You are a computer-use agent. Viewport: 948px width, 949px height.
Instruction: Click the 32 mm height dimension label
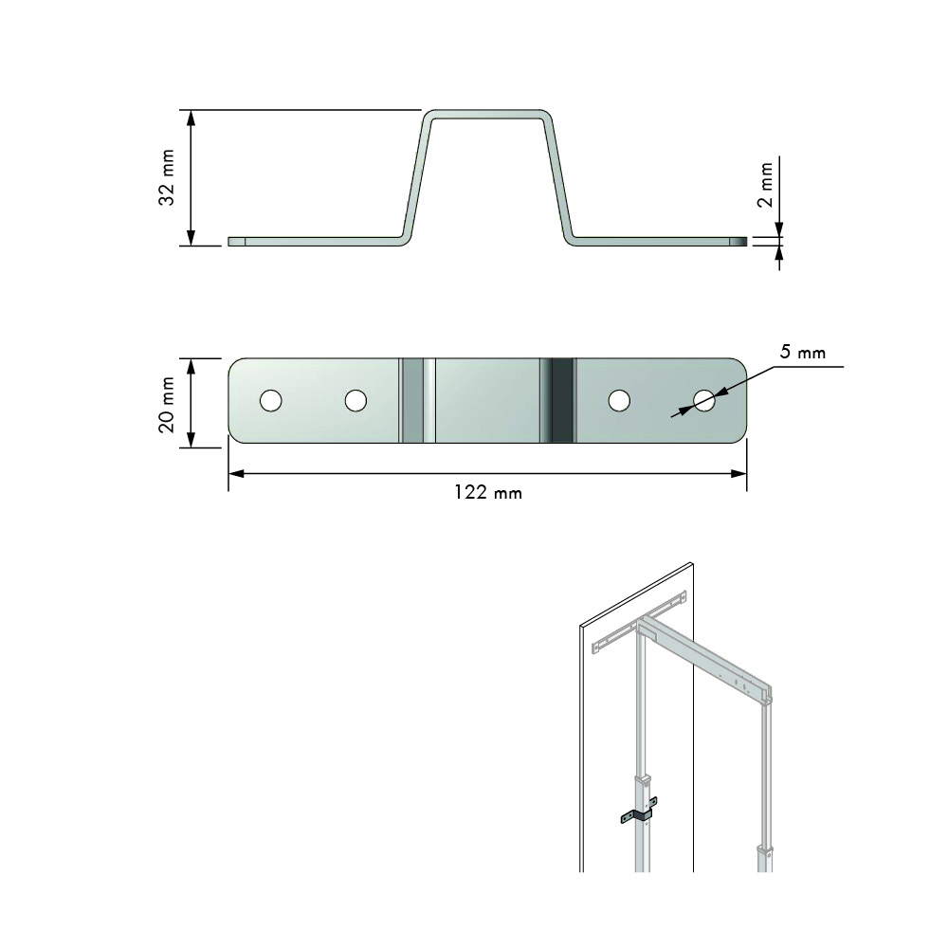coord(167,177)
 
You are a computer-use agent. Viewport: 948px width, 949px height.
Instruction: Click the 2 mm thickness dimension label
coord(766,184)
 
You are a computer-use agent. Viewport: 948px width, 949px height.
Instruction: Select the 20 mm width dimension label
coord(167,404)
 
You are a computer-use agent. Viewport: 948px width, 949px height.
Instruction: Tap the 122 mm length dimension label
coord(487,493)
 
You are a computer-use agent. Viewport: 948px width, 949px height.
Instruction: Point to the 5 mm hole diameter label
coord(802,353)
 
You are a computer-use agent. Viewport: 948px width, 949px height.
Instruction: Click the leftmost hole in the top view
coord(271,401)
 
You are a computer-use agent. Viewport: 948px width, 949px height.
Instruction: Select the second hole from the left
coord(355,401)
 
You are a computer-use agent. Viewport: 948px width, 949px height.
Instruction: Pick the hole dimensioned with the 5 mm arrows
coord(703,401)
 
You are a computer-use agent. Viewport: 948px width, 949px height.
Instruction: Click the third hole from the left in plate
coord(619,401)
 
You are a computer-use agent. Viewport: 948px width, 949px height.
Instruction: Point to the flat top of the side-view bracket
coord(487,115)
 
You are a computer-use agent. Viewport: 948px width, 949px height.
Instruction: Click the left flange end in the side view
coord(238,242)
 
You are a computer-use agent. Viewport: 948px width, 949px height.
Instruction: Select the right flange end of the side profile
coord(738,242)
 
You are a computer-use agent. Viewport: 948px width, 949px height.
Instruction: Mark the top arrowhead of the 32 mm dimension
coord(191,117)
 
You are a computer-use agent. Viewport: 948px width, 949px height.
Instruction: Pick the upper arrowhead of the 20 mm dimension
coord(191,364)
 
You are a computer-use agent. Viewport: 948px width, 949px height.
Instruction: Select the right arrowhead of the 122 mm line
coord(741,472)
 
